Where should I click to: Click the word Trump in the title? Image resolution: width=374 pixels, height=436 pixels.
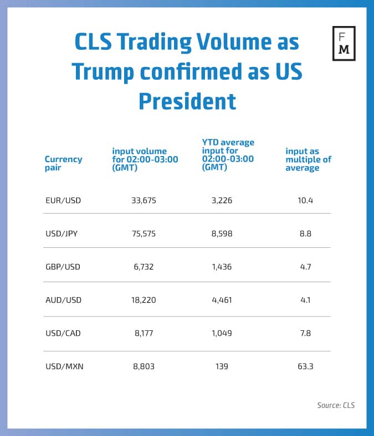tap(111, 72)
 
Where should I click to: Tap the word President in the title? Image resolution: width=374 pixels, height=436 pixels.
tap(187, 101)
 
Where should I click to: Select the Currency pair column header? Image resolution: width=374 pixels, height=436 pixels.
tap(63, 163)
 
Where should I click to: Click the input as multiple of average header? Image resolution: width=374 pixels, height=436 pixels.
tap(308, 159)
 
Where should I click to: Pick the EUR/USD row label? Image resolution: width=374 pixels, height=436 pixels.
tap(63, 200)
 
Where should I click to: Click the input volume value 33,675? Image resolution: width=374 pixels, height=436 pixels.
tap(142, 200)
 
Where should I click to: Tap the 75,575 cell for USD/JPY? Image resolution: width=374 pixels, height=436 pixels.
tap(142, 233)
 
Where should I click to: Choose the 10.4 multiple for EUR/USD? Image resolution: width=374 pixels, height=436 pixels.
tap(305, 200)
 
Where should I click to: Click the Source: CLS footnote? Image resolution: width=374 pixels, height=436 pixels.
tap(336, 405)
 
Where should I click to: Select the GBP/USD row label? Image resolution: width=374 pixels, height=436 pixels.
tap(63, 267)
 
